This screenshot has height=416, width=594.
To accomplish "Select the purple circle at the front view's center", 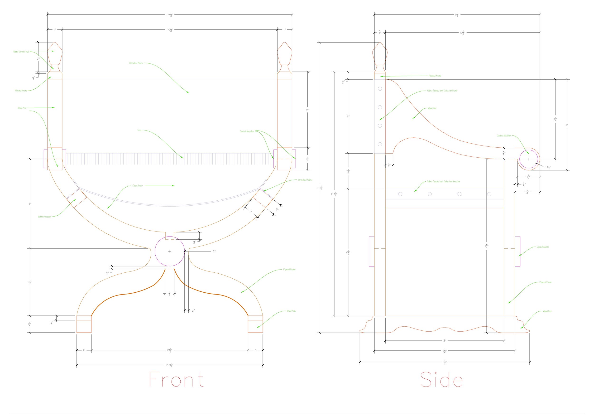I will (169, 251).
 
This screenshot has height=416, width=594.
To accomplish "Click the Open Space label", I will (137, 186).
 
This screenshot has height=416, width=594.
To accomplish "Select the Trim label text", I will (139, 130).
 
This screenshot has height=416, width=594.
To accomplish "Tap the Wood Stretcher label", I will (44, 217).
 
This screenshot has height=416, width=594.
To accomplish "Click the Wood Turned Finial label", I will (21, 52).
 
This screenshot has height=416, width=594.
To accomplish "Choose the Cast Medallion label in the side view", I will (542, 247).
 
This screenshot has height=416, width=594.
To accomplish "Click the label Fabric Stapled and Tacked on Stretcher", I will (443, 182).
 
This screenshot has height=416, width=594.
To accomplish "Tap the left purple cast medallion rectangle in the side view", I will (371, 251).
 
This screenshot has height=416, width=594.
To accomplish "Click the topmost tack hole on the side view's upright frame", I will (380, 88).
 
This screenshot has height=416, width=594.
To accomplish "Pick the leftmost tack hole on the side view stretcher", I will (400, 194).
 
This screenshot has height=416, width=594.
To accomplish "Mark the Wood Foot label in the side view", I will (547, 311).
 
